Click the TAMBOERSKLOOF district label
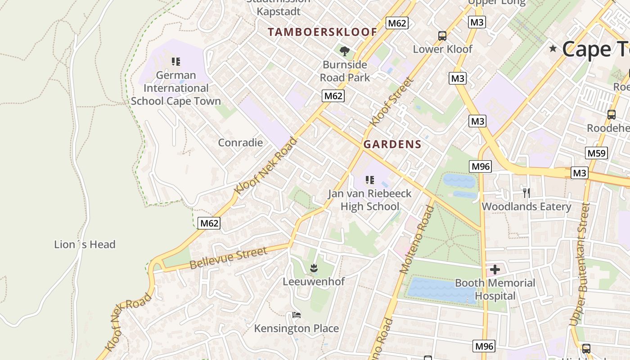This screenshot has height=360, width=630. pyautogui.click(x=322, y=32)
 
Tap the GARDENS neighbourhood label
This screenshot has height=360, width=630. pyautogui.click(x=392, y=144)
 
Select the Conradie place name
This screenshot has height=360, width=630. pyautogui.click(x=240, y=143)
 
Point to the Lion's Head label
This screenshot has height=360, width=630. pyautogui.click(x=85, y=244)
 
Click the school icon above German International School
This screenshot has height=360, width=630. pyautogui.click(x=176, y=61)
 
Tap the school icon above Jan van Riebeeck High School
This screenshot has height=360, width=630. pyautogui.click(x=370, y=180)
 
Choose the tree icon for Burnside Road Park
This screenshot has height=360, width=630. pyautogui.click(x=345, y=51)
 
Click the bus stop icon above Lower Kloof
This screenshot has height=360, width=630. pyautogui.click(x=442, y=36)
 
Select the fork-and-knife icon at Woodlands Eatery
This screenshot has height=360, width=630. pyautogui.click(x=526, y=193)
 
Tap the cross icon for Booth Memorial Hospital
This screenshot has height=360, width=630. pyautogui.click(x=495, y=270)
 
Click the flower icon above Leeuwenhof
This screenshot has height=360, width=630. pyautogui.click(x=314, y=269)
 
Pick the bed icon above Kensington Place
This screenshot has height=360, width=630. pyautogui.click(x=296, y=315)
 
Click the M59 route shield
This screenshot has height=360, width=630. pyautogui.click(x=597, y=153)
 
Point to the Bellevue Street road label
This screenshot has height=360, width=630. pyautogui.click(x=228, y=258)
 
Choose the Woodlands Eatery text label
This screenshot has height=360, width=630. pyautogui.click(x=526, y=207)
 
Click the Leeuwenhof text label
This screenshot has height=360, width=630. pyautogui.click(x=314, y=282)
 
